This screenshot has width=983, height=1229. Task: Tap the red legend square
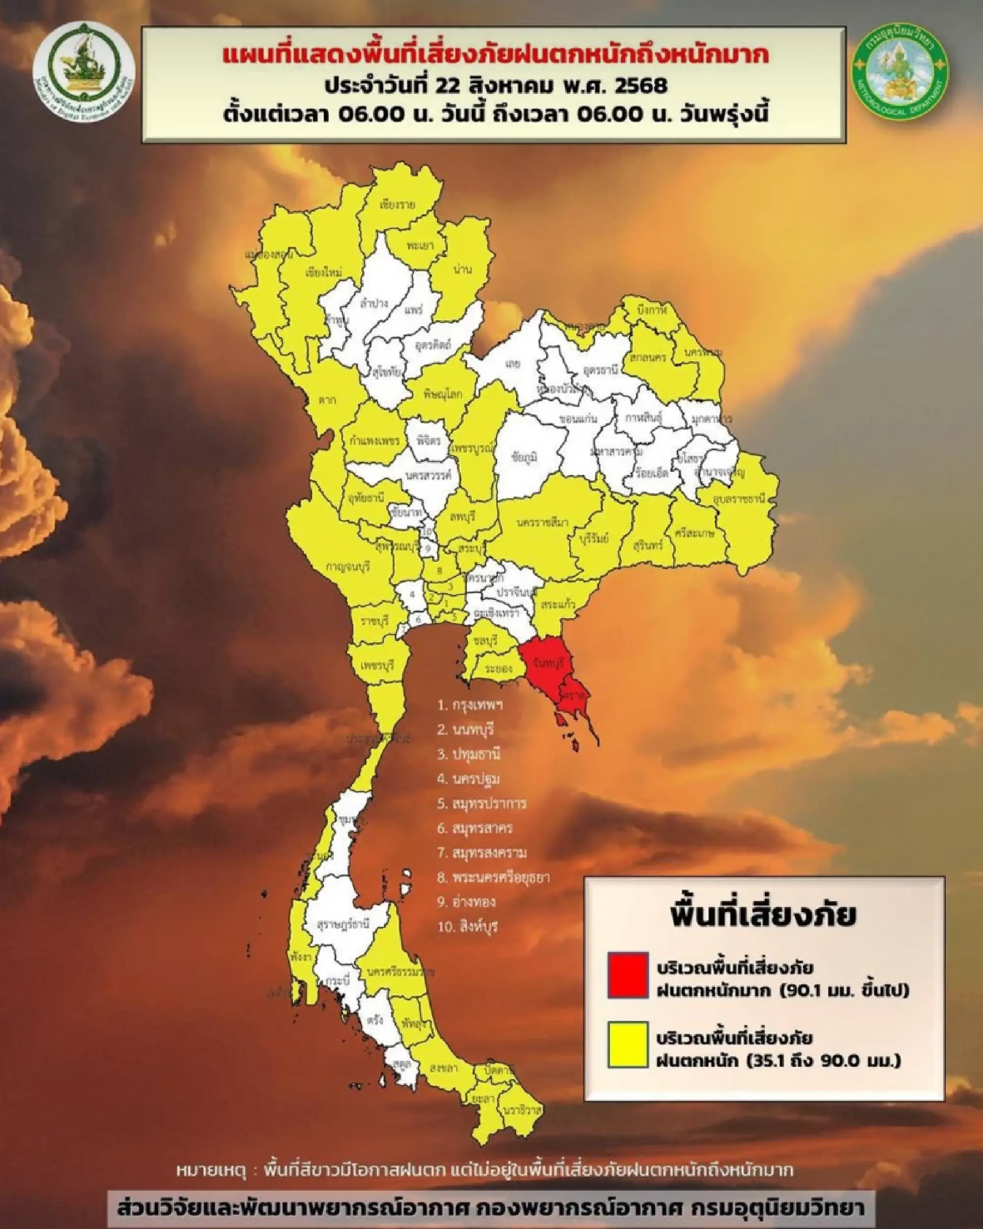coord(628,975)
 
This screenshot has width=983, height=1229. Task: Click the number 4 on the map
coord(412,594)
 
